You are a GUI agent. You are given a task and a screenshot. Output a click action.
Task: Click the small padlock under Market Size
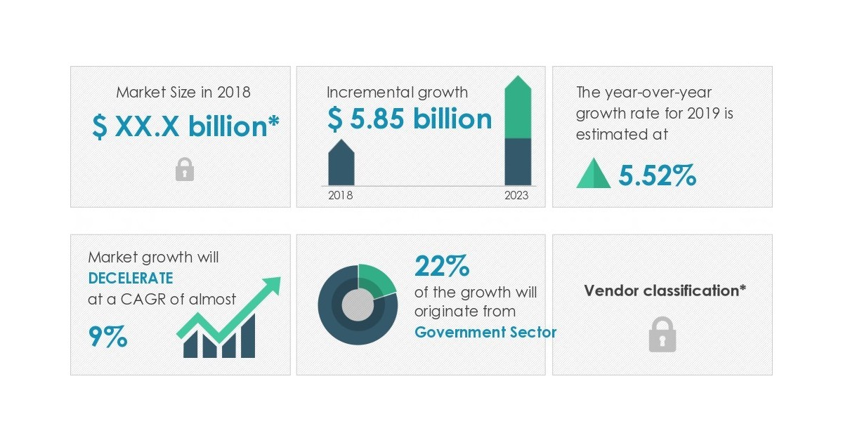[x=184, y=169]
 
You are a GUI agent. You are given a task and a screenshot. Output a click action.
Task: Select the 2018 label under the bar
[x=341, y=195]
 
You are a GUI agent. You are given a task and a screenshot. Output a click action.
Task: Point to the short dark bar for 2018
[x=341, y=165]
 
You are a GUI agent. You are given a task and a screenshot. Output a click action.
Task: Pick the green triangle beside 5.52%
[x=594, y=173]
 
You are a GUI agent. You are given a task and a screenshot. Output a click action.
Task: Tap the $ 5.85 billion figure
[x=410, y=119]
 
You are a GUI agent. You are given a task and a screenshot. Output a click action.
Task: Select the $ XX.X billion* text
[x=185, y=127]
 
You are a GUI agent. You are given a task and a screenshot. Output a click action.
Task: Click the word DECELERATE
[x=131, y=278]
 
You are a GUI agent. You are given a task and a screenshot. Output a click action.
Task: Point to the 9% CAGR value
[x=108, y=337]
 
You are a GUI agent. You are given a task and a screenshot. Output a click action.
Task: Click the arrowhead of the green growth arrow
[x=271, y=285]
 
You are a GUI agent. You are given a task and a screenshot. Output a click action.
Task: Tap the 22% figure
[x=442, y=267]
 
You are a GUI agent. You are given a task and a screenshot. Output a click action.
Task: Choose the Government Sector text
[x=485, y=332]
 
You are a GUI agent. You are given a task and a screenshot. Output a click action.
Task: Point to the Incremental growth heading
[x=397, y=92]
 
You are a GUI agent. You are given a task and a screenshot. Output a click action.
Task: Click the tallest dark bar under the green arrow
[x=248, y=337]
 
